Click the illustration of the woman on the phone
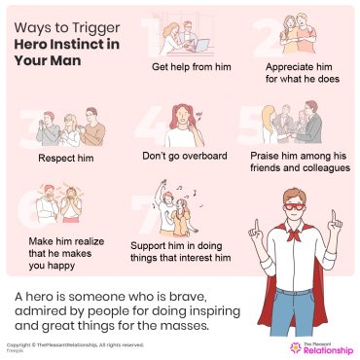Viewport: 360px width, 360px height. click(x=188, y=122)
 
